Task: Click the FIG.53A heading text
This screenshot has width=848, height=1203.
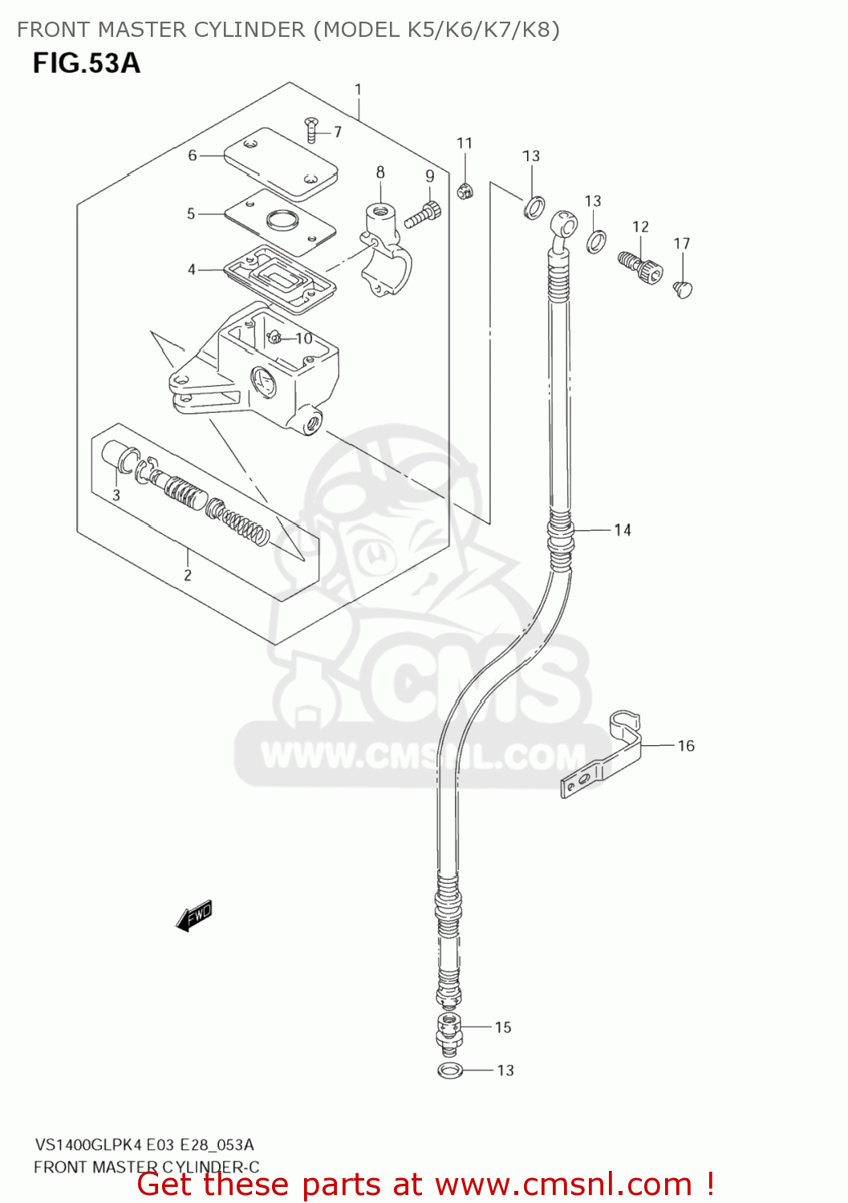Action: [x=87, y=63]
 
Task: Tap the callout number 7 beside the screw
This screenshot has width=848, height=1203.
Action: [x=338, y=132]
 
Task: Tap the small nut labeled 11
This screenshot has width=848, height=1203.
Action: [x=465, y=191]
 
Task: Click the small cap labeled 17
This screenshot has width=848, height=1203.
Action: [x=683, y=288]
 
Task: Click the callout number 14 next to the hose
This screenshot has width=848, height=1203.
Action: [x=623, y=530]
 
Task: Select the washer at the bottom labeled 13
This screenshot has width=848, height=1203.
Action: [x=450, y=1070]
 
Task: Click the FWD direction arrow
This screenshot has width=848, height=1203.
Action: [x=194, y=915]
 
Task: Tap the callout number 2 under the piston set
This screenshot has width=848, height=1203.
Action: [x=188, y=575]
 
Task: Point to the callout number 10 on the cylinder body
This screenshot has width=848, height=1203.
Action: [x=304, y=338]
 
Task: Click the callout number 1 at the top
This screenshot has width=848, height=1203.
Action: [x=358, y=90]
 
